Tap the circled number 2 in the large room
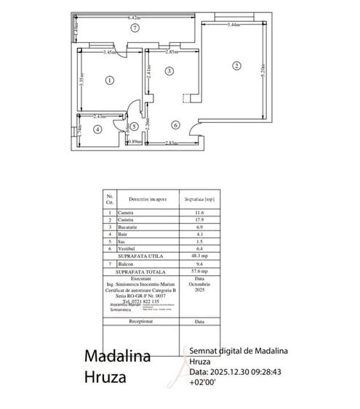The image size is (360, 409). [x=236, y=65]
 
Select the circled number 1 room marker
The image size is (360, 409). [x=109, y=80]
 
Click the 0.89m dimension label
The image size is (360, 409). [x=135, y=142]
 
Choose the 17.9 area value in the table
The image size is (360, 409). [x=188, y=220]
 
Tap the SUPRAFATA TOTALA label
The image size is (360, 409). [x=140, y=270]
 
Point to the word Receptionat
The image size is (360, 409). [x=140, y=320]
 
